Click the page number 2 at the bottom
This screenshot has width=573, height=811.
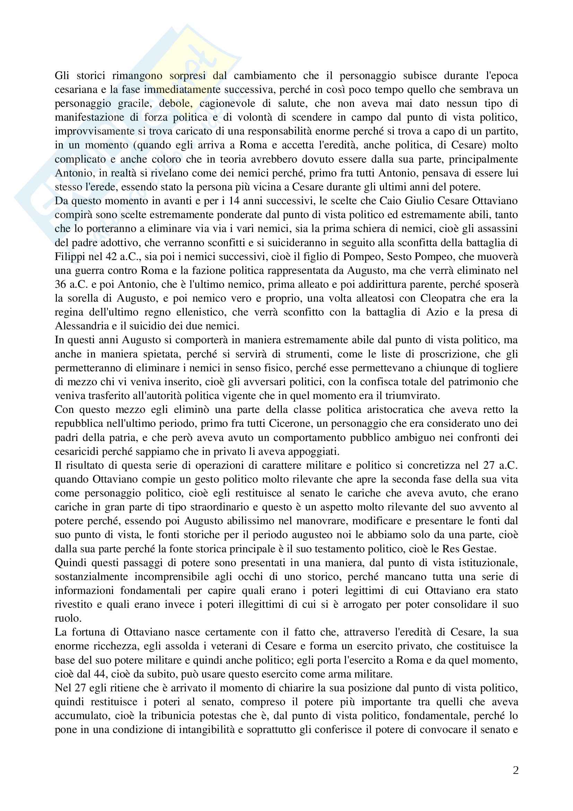pyautogui.click(x=515, y=770)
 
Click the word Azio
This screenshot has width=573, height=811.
pyautogui.click(x=437, y=312)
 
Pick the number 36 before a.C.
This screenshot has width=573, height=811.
pyautogui.click(x=61, y=284)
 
